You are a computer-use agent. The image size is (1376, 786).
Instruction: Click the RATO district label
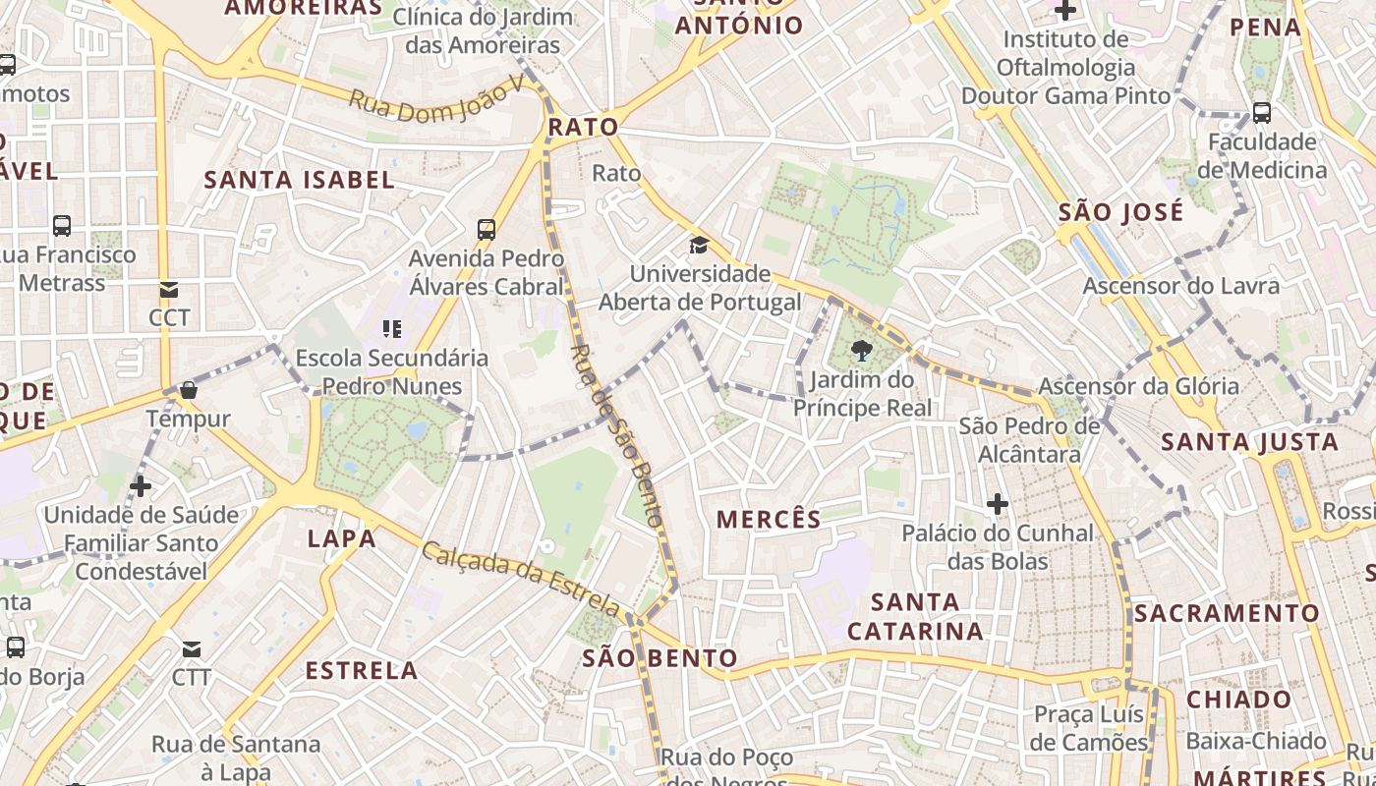click(x=583, y=127)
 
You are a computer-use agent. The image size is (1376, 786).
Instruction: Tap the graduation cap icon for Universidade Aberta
click(x=699, y=245)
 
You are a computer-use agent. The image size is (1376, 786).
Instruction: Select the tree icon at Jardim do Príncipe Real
click(x=862, y=351)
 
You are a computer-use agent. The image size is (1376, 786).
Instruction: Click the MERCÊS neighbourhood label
click(x=769, y=520)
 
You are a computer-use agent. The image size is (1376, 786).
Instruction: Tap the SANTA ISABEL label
click(x=299, y=180)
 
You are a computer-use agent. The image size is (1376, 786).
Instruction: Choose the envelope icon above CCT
click(x=169, y=290)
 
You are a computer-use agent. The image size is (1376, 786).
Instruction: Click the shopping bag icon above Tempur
click(x=189, y=390)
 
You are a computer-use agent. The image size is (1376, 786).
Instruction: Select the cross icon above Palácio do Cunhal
click(x=998, y=505)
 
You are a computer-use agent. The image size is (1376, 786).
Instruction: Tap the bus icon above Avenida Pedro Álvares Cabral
click(x=487, y=230)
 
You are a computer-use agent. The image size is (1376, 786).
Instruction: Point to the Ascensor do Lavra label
click(x=1181, y=286)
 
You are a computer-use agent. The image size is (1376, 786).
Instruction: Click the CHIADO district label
click(x=1239, y=701)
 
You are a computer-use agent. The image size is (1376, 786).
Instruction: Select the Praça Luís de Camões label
click(x=1090, y=728)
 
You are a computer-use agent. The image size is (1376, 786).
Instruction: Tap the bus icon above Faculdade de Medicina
click(x=1262, y=113)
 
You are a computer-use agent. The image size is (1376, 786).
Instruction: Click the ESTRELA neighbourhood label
click(x=362, y=671)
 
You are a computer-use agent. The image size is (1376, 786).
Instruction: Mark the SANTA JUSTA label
click(x=1250, y=443)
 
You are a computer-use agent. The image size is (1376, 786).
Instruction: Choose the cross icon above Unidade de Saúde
click(x=141, y=485)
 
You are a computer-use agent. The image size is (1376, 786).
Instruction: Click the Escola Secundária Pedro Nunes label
click(x=391, y=371)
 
